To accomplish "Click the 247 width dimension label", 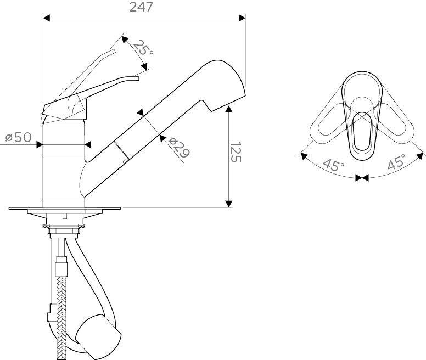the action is [x=141, y=7].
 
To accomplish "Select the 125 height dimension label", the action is [x=236, y=152].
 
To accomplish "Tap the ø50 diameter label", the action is [x=19, y=137].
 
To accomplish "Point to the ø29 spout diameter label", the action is [x=178, y=148].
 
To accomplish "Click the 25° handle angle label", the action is [x=143, y=47].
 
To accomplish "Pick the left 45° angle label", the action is [x=334, y=165].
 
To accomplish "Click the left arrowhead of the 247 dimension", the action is [x=47, y=18].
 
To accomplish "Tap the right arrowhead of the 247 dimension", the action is [x=242, y=18].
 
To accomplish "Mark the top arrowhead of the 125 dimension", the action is [x=229, y=109].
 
